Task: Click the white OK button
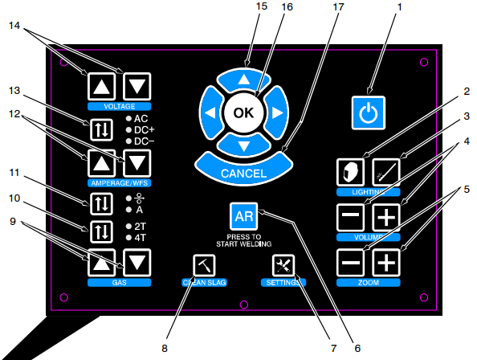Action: click(x=243, y=112)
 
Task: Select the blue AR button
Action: click(x=243, y=216)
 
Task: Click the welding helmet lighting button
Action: click(x=350, y=172)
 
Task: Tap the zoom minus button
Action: click(x=350, y=263)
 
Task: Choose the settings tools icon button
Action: click(x=283, y=265)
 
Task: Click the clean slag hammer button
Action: click(x=204, y=265)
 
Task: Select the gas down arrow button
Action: click(x=137, y=263)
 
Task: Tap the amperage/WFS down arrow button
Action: click(x=137, y=163)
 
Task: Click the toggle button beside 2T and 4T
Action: click(x=101, y=232)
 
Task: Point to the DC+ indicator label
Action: click(x=145, y=130)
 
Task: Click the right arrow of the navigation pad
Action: click(x=276, y=112)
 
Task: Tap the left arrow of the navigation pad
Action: click(x=211, y=112)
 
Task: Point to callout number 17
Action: click(x=339, y=6)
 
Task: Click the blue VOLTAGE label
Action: click(x=119, y=106)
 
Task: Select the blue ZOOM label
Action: click(x=368, y=282)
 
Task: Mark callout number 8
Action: click(x=165, y=348)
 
